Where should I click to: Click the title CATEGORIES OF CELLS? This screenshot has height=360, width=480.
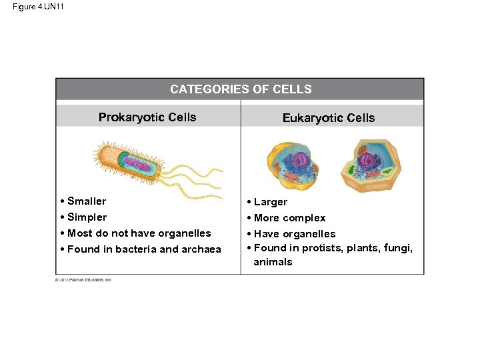[x=241, y=89]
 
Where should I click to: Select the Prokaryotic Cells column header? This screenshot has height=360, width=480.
[x=147, y=117]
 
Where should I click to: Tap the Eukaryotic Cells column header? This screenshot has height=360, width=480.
[x=329, y=118]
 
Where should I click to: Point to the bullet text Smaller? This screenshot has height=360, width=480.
[x=87, y=201]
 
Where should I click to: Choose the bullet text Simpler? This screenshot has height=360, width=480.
[x=87, y=217]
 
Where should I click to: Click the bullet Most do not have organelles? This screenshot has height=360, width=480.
[x=139, y=233]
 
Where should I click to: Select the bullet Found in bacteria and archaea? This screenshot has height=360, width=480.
[x=144, y=249]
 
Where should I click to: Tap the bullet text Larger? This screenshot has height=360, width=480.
[x=271, y=202]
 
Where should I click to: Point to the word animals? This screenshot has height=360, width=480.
[x=273, y=262]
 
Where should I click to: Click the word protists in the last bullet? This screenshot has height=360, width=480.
[x=323, y=248]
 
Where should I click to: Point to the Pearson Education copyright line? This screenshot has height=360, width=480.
[x=83, y=280]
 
